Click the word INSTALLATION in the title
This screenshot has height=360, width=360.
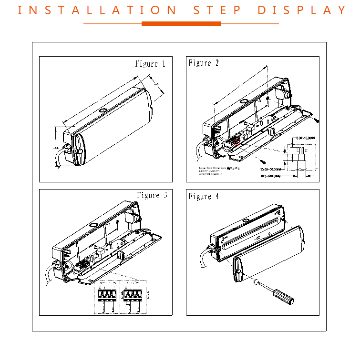[x=95, y=10]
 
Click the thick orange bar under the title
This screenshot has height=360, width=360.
[x=181, y=23]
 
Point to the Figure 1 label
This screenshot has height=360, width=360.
[x=150, y=64]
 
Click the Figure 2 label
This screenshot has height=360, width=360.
[x=204, y=63]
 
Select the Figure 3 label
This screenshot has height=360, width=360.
[x=152, y=195]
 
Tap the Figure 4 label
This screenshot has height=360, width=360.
[x=204, y=196]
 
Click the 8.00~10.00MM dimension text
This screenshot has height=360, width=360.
[x=305, y=138]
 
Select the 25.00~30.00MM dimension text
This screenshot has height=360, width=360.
[x=271, y=169]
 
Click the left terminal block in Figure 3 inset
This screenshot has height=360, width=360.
[x=106, y=295]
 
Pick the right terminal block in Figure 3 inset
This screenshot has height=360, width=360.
[x=133, y=295]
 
